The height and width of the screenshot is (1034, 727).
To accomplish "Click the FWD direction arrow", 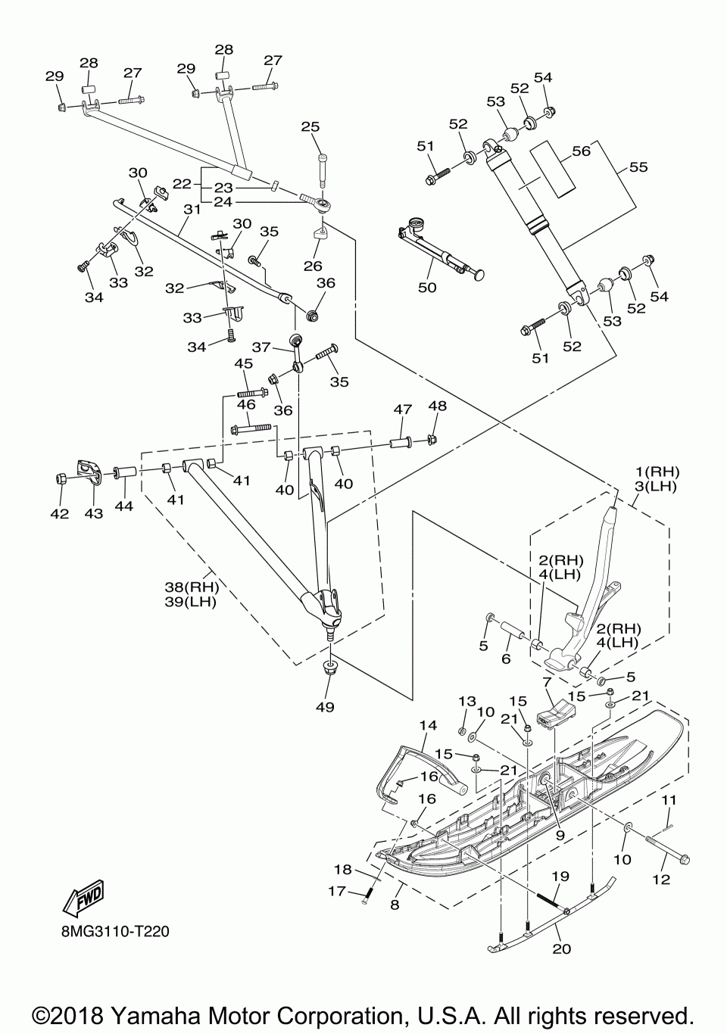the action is pyautogui.click(x=83, y=899).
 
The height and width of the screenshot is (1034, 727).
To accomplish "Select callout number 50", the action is pyautogui.click(x=427, y=287).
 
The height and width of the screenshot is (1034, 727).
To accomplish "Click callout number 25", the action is pyautogui.click(x=310, y=126).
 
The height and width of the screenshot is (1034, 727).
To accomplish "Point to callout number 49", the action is pyautogui.click(x=325, y=707).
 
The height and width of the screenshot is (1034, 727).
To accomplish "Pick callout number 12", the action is pyautogui.click(x=661, y=880).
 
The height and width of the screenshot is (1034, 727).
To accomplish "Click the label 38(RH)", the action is pyautogui.click(x=192, y=587).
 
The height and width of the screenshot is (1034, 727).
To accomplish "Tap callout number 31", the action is pyautogui.click(x=192, y=209).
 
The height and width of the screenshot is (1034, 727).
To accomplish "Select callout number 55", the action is pyautogui.click(x=638, y=167).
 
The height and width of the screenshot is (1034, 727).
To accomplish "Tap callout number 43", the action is pyautogui.click(x=93, y=513).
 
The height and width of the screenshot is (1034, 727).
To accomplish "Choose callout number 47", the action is pyautogui.click(x=403, y=410).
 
